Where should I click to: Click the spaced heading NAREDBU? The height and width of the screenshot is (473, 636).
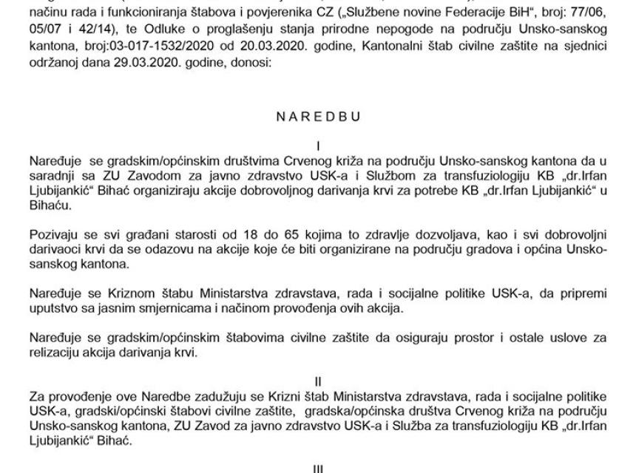(x=319, y=117)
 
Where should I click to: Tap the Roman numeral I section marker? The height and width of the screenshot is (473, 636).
(x=318, y=146)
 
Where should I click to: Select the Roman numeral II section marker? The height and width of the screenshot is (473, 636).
(x=318, y=382)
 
